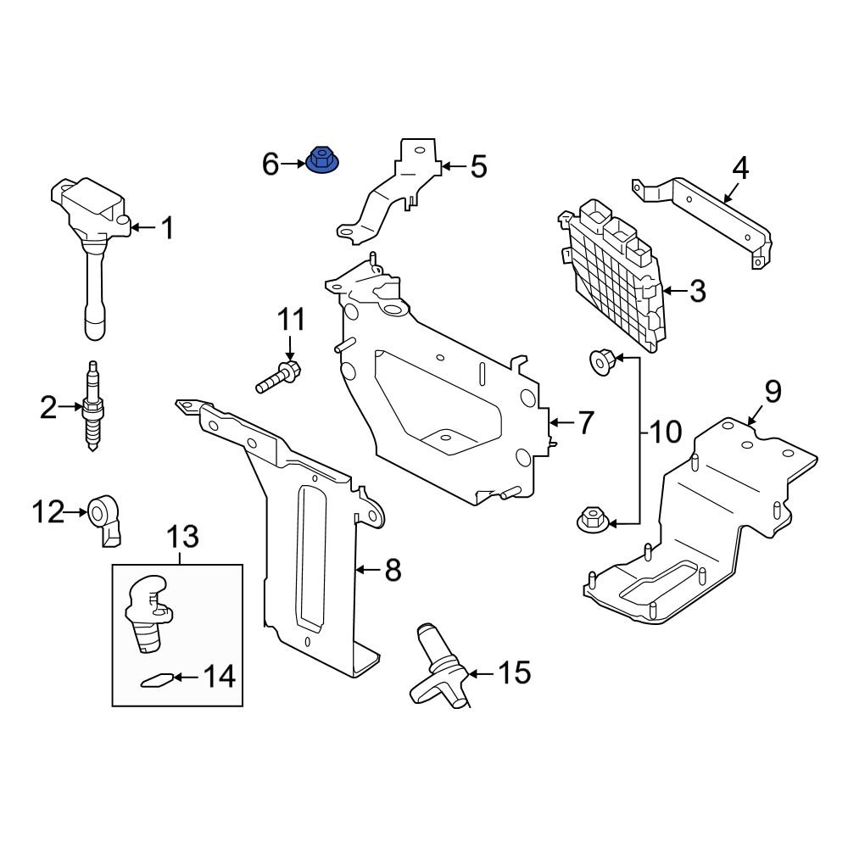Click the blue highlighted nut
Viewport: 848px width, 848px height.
coord(321,159)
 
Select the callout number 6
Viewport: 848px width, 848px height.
coord(271,164)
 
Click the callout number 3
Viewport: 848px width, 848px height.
coord(696,292)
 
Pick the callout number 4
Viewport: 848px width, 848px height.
coord(739,169)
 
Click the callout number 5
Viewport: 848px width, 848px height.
coord(478,167)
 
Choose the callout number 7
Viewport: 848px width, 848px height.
coord(586,422)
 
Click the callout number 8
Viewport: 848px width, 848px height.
coord(392,571)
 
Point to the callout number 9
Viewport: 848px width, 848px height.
coord(773,392)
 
